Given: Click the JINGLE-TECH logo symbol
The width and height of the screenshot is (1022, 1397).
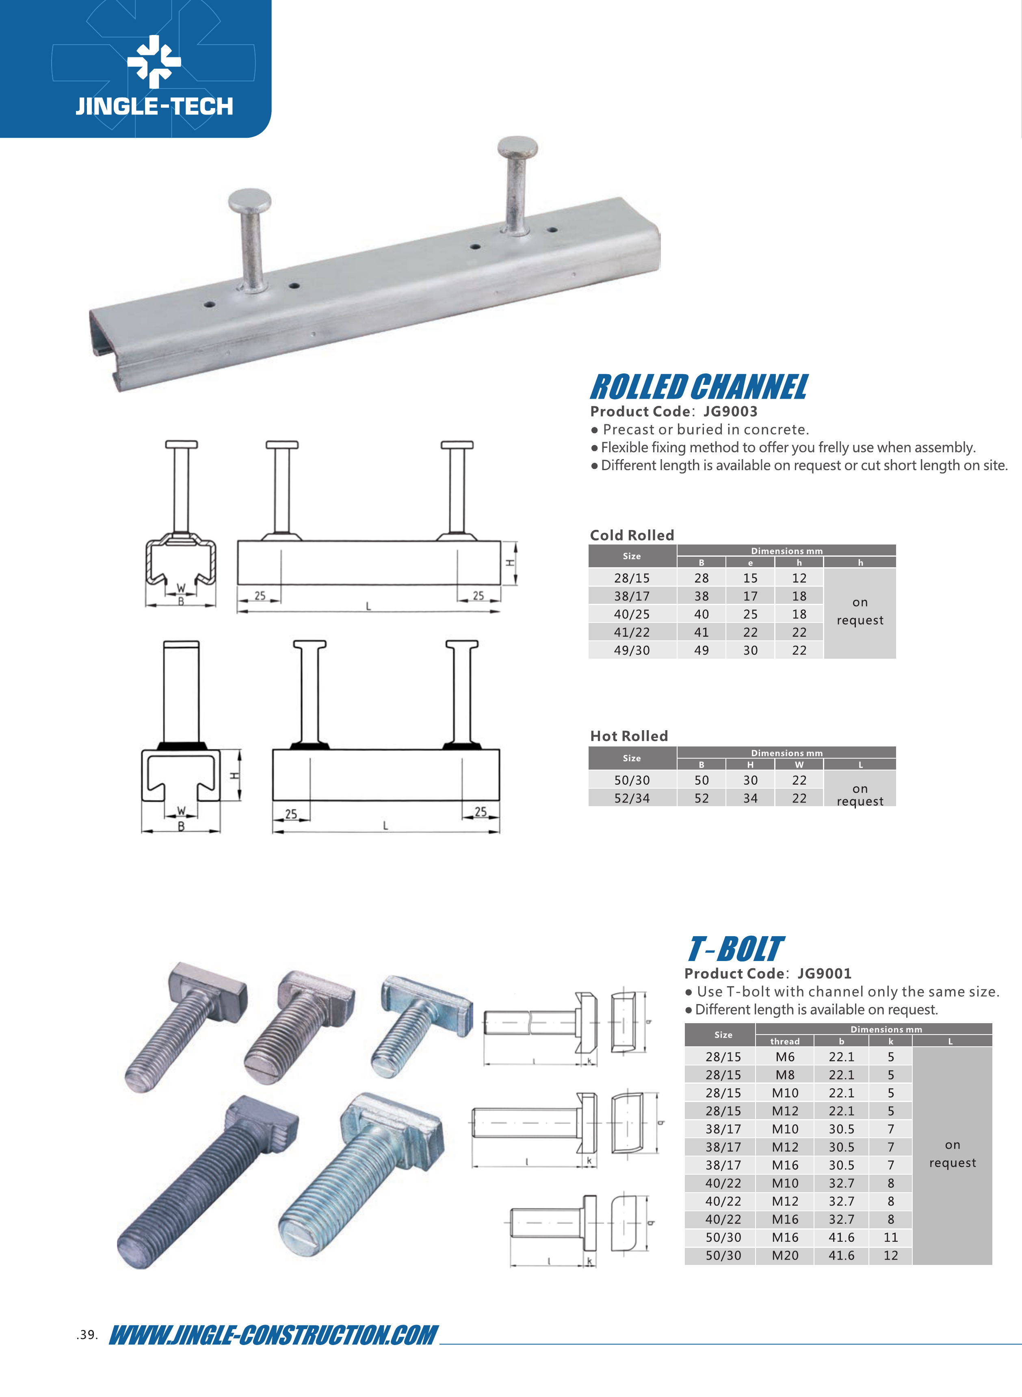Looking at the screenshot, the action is pyautogui.click(x=154, y=61).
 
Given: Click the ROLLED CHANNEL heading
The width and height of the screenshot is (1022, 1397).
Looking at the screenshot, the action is pyautogui.click(x=699, y=387).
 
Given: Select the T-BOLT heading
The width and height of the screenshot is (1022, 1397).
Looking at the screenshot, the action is pyautogui.click(x=736, y=949).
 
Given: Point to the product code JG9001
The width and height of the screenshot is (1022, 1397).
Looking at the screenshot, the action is pyautogui.click(x=824, y=973).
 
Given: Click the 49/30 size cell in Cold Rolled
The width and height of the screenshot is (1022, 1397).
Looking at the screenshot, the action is pyautogui.click(x=632, y=650).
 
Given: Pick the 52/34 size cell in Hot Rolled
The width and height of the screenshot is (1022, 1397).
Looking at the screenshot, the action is pyautogui.click(x=632, y=798).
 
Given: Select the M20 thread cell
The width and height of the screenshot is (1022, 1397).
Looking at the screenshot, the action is pyautogui.click(x=785, y=1255).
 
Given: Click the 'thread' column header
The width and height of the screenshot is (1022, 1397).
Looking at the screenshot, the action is pyautogui.click(x=785, y=1041).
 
